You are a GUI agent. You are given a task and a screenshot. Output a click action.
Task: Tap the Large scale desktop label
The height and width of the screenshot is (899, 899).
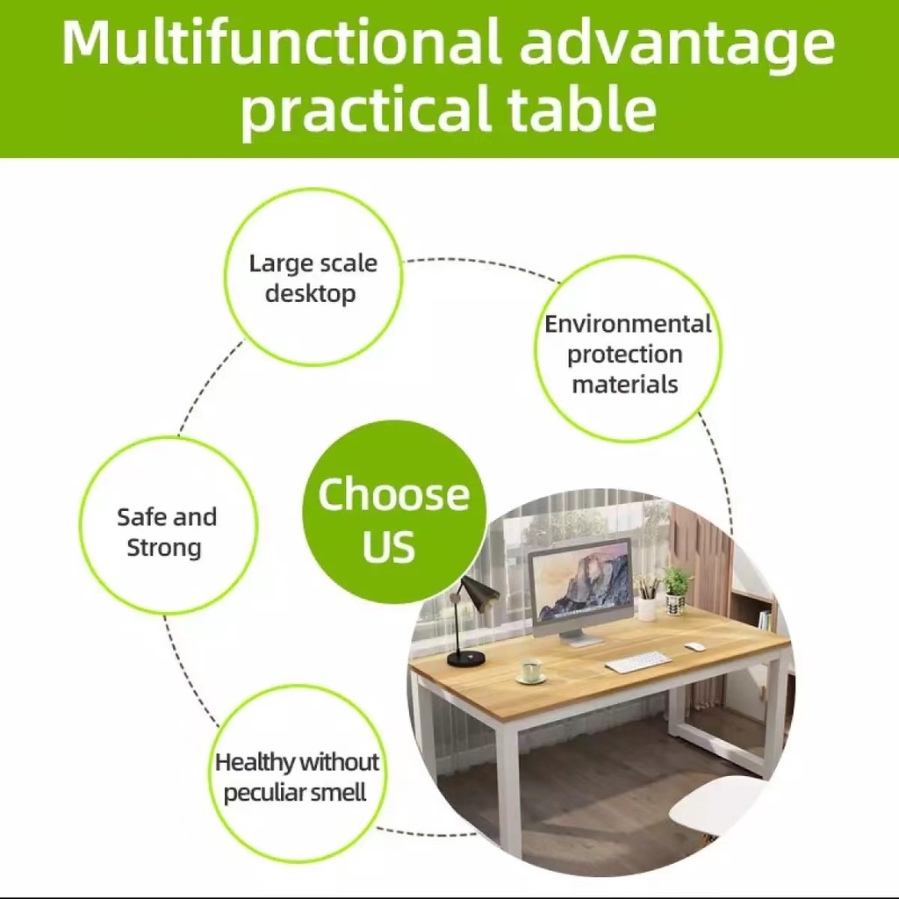(x=313, y=278)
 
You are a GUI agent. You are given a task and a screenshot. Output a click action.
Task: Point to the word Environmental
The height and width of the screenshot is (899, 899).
(x=629, y=324)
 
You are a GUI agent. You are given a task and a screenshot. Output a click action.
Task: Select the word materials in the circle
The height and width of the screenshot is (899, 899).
(x=625, y=385)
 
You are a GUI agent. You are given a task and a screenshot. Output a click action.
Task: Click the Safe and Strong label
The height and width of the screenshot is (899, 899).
(x=167, y=531)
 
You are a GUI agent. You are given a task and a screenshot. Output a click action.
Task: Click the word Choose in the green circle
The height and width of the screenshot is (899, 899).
(x=393, y=494)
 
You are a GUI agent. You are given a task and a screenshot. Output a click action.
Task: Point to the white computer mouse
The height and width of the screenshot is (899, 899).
(x=695, y=647)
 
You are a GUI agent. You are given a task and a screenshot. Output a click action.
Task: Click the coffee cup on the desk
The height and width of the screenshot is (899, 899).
(x=531, y=670)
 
